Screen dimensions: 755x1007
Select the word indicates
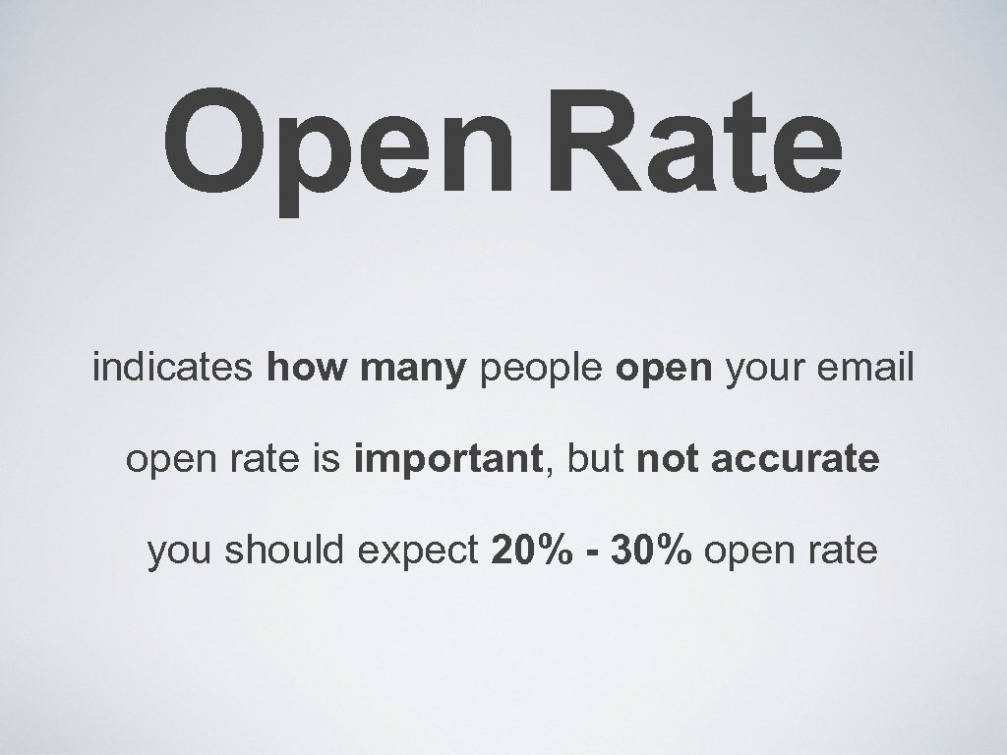(x=173, y=370)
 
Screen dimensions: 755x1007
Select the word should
(x=285, y=551)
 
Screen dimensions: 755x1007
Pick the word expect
(x=418, y=552)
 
